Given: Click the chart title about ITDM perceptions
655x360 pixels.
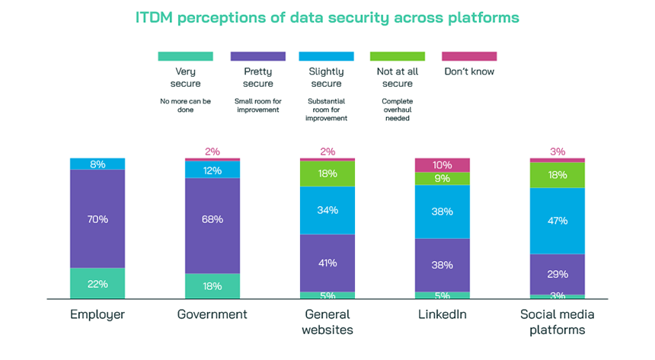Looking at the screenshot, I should click(x=327, y=16).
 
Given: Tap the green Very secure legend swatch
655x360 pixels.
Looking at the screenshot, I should click(x=184, y=56).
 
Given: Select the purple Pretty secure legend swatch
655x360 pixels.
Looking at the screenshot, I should click(x=257, y=56).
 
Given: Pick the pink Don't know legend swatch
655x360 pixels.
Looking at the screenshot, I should click(x=469, y=56).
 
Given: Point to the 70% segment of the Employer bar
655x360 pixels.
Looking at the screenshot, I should click(x=97, y=219).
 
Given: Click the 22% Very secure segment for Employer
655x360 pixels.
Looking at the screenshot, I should click(x=97, y=283).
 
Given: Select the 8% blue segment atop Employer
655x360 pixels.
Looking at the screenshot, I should click(x=97, y=164).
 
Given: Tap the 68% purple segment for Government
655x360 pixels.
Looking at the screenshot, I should click(x=212, y=219).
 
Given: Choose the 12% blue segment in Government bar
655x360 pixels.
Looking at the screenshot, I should click(x=212, y=170).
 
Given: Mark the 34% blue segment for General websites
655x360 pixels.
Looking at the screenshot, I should click(x=327, y=211).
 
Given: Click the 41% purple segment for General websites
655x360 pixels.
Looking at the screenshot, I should click(x=327, y=263).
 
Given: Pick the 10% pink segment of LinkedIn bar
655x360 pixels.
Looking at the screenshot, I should click(x=443, y=165).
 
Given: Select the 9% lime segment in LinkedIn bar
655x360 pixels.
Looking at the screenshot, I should click(x=443, y=179).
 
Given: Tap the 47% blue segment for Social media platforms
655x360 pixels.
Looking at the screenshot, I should click(x=558, y=221).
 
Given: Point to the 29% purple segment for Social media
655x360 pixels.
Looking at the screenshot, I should click(x=558, y=273).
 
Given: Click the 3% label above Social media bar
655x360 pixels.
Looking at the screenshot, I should click(x=558, y=151).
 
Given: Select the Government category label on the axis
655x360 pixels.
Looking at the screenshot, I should click(x=212, y=314).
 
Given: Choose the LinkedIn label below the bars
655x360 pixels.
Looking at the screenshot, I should click(x=443, y=314).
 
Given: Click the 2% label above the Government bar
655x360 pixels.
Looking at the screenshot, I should click(x=212, y=151).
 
